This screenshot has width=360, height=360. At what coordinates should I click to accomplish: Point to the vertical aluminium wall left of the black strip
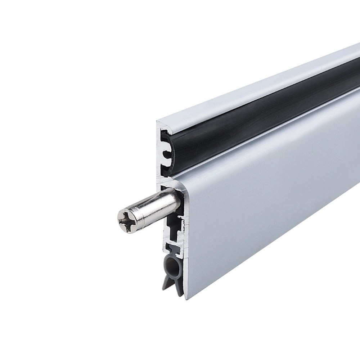pos(160,151)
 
